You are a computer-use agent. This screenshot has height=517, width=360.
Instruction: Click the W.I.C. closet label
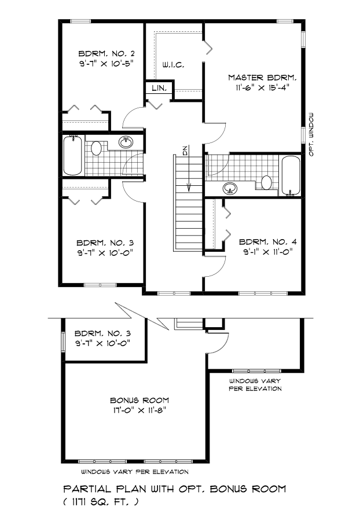[174, 65]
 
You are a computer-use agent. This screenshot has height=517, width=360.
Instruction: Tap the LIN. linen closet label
[159, 89]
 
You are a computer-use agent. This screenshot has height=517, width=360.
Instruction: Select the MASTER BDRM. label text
[262, 78]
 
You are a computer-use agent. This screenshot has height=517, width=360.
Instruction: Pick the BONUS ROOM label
[139, 400]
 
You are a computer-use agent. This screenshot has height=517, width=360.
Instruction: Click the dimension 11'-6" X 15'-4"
[262, 89]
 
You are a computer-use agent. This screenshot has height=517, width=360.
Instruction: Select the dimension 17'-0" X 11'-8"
[139, 411]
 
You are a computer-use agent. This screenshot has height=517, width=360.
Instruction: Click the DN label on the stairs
[185, 152]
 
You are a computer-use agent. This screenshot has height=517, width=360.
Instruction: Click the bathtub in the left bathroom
[73, 155]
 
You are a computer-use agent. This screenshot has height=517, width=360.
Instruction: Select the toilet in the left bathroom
[97, 148]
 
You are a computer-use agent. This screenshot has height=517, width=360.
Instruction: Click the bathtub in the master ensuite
[290, 175]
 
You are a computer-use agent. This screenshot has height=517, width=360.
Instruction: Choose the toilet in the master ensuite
[266, 182]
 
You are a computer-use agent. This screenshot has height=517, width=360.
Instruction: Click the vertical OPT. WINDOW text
[311, 133]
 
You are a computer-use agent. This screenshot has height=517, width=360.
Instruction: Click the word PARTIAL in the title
[85, 489]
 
